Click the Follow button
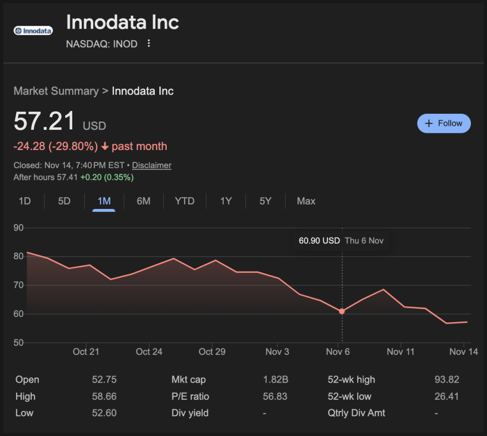(444, 123)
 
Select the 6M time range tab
(144, 201)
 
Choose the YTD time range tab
(185, 201)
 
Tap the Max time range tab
(306, 201)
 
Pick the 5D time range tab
(64, 201)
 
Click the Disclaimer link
(152, 165)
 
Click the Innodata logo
(33, 31)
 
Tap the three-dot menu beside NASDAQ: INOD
(149, 44)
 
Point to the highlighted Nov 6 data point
(342, 311)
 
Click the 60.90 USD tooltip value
(319, 241)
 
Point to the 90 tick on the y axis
(19, 228)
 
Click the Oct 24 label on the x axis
(149, 351)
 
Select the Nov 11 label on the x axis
(401, 351)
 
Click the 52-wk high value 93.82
(447, 380)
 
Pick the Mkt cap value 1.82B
(275, 380)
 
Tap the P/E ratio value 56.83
(275, 396)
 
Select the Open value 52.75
(104, 380)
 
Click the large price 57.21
(44, 121)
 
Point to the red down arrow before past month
(105, 147)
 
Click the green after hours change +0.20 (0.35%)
(107, 177)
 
